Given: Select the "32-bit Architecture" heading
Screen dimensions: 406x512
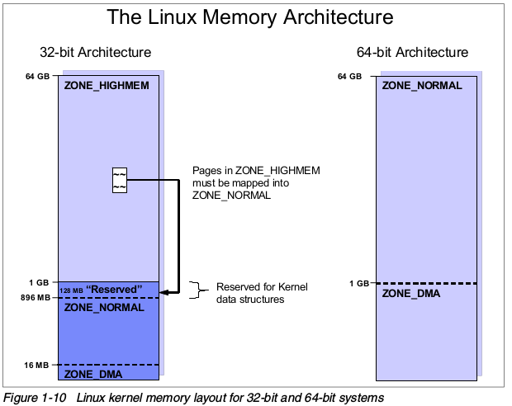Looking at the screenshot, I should click(95, 53).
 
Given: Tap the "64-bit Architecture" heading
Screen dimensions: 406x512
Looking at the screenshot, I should click(412, 53).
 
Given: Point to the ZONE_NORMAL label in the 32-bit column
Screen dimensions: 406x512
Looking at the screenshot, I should click(104, 307).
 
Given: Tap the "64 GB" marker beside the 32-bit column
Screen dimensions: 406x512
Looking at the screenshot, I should click(38, 77).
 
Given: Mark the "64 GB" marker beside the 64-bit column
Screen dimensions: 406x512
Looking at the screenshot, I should click(350, 77).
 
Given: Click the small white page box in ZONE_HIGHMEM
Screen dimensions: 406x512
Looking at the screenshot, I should click(120, 181).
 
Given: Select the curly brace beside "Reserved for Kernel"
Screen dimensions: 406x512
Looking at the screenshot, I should click(196, 289).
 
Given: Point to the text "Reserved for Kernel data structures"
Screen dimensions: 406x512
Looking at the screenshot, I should click(261, 293).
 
